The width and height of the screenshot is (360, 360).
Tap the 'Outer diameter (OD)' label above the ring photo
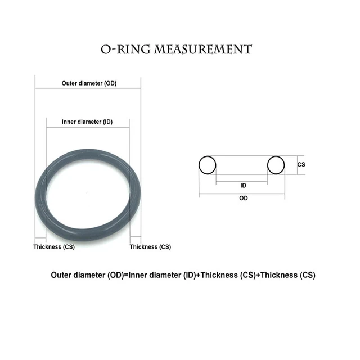pos(89,83)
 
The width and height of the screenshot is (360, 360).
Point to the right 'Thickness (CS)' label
pos(150,247)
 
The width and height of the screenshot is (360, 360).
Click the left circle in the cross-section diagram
pos(207,165)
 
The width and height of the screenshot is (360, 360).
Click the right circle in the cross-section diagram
pos(276,165)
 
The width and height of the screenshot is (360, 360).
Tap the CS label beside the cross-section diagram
pos(301,164)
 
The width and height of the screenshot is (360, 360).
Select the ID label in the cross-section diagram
pos(243,185)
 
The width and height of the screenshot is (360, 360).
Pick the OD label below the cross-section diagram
pos(243,198)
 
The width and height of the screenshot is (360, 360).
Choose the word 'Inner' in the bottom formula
pos(139,275)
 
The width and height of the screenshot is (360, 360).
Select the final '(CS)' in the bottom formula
pos(307,275)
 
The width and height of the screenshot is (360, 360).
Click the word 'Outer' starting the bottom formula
pos(61,275)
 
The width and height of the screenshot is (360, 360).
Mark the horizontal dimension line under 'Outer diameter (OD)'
pos(88,89)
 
